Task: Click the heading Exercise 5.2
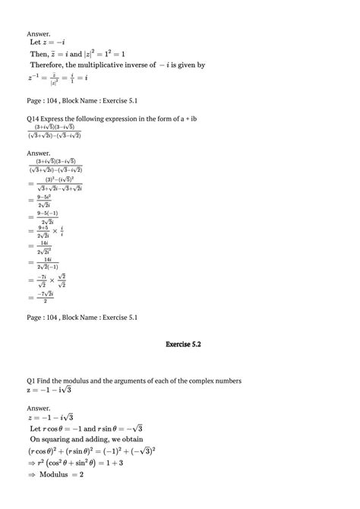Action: point(183,344)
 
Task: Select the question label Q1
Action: point(32,380)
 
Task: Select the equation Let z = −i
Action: point(46,43)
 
